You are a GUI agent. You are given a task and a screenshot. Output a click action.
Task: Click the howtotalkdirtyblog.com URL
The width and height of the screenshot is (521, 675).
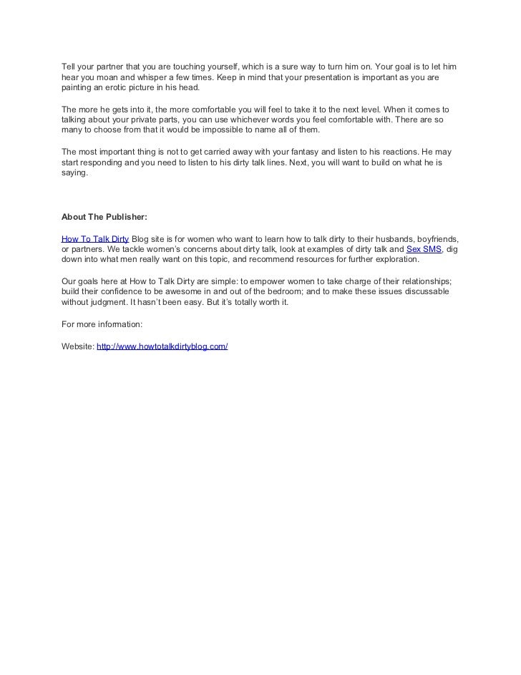[162, 346]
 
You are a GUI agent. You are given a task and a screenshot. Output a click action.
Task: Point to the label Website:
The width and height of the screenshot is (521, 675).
[77, 346]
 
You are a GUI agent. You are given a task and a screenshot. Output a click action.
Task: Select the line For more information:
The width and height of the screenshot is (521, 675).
[102, 324]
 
